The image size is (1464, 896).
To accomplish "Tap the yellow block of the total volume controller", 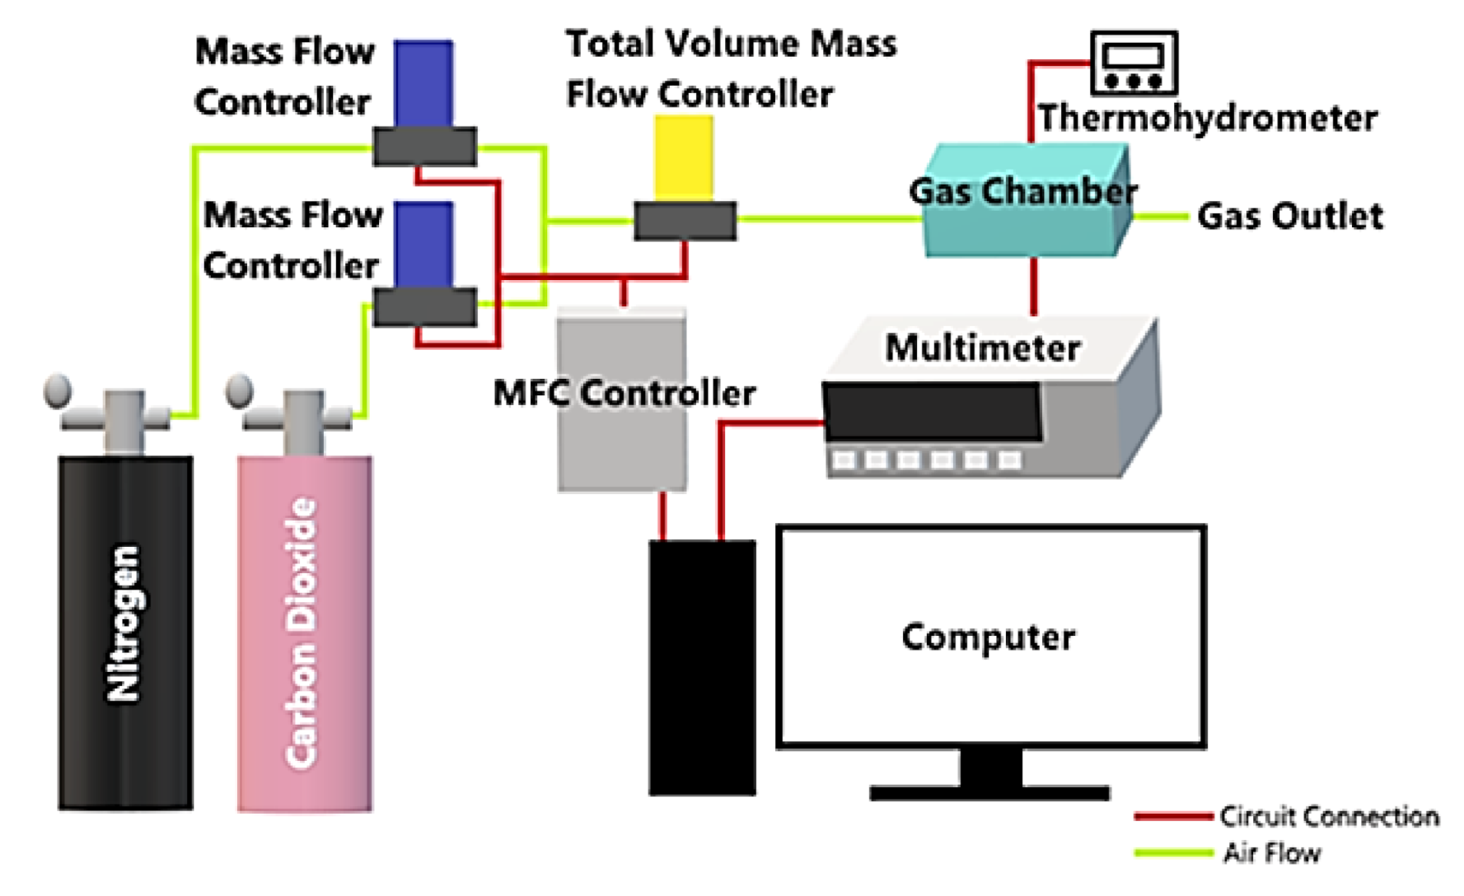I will (x=684, y=157).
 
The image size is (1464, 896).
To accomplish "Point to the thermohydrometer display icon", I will (x=1133, y=63).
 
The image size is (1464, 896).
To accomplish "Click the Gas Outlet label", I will (x=1289, y=217).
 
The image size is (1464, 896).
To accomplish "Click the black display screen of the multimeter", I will (x=932, y=411).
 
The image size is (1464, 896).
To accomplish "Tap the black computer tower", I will (x=702, y=667).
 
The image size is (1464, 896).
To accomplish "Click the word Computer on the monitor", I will (x=988, y=637).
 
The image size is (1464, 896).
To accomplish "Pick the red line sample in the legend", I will (x=1172, y=817).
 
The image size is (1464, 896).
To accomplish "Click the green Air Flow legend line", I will (x=1172, y=853).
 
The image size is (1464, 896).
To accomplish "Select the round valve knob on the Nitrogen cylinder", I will (x=58, y=390).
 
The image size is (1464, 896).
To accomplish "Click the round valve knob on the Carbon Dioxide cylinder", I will (x=239, y=390).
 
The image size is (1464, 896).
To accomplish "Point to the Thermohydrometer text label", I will (x=1207, y=119).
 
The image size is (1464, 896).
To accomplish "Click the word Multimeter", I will (x=982, y=348).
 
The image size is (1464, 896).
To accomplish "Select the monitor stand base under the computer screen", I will (x=989, y=793).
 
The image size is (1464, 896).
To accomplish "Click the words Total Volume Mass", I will (x=731, y=44).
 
